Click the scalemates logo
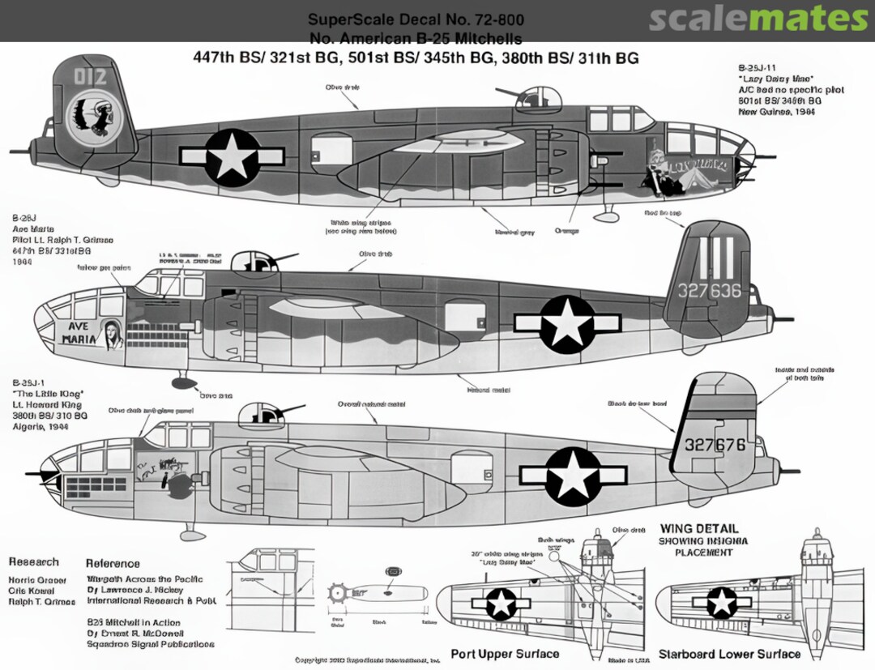coord(758,19)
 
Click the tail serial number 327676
coord(714,445)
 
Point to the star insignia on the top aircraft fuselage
coord(232,156)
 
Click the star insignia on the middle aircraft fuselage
coord(568,323)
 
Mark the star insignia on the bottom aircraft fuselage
coord(572,476)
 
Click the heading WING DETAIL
coord(699,529)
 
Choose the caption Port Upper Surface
coord(505,654)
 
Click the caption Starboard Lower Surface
coord(729,654)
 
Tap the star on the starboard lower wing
coord(720,603)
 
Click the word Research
coord(34,561)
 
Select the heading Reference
coord(113,563)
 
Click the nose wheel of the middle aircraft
coord(183,383)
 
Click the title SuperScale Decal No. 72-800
coord(416,19)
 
